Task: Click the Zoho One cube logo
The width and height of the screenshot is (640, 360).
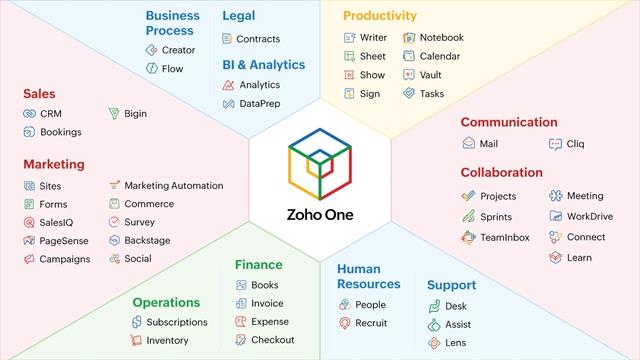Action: click(320, 165)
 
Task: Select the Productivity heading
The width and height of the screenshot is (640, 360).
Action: click(379, 16)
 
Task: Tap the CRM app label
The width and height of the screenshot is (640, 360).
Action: click(51, 114)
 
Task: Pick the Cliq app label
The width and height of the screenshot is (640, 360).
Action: click(575, 144)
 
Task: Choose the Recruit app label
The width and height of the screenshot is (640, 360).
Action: click(372, 323)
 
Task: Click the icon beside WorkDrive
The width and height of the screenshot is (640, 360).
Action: click(555, 216)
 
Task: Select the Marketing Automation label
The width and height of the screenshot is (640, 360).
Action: click(173, 186)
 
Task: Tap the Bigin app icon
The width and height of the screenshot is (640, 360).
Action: click(115, 114)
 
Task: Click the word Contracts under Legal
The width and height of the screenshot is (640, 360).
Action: click(258, 39)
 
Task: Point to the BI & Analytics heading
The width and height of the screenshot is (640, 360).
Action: click(264, 65)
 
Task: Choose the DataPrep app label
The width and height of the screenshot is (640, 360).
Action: click(260, 104)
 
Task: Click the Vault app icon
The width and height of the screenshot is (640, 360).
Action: click(409, 75)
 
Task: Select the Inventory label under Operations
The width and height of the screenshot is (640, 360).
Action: click(167, 341)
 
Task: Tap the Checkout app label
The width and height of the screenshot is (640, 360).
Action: click(272, 340)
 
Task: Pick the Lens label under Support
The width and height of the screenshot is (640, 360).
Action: click(456, 343)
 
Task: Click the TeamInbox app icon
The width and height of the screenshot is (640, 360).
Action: click(468, 237)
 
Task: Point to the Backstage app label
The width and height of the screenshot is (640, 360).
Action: click(147, 240)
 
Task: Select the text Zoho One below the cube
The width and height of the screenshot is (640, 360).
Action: click(320, 214)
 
